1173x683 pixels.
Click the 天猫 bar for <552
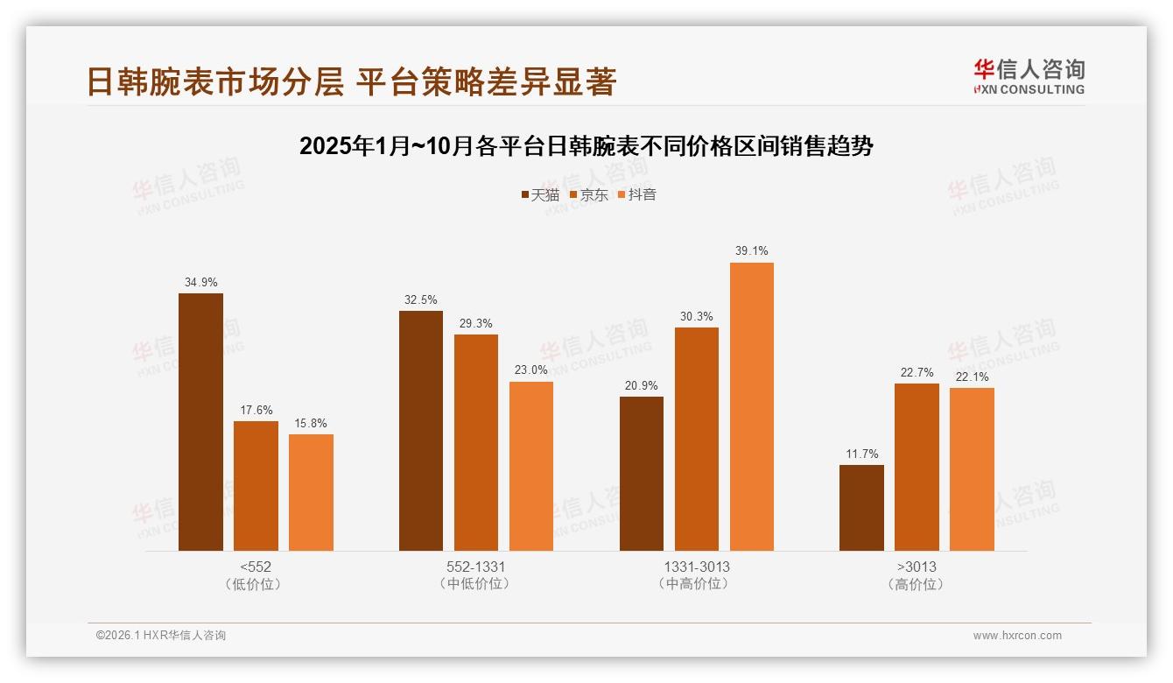point(200,422)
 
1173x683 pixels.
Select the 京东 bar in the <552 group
point(256,486)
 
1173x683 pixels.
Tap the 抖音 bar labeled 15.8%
point(311,492)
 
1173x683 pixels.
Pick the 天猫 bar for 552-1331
point(421,431)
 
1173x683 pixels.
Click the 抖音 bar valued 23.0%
point(531,466)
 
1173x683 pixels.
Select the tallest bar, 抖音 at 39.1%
point(752,406)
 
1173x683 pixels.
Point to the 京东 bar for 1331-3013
point(697,439)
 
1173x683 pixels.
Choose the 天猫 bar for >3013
point(861,508)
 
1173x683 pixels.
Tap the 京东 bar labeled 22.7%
point(917,467)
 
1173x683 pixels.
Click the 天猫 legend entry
point(540,194)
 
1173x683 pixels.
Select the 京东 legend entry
point(589,194)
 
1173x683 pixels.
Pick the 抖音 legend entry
point(637,194)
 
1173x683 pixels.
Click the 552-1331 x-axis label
point(475,567)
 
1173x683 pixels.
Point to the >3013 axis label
point(917,567)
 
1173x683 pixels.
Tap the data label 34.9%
point(200,282)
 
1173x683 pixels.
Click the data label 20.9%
point(642,385)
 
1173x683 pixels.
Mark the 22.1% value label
point(972,377)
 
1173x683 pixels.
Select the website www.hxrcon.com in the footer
point(1017,636)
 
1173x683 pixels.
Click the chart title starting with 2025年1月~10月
point(586,146)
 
